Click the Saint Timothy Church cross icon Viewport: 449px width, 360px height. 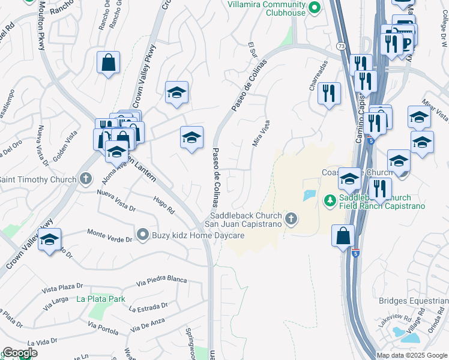click(x=86, y=179)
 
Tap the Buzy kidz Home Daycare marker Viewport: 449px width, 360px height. click(x=142, y=235)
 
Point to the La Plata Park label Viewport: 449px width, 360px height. click(x=100, y=298)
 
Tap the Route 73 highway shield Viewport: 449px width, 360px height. click(x=341, y=46)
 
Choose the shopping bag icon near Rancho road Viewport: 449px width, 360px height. click(x=108, y=62)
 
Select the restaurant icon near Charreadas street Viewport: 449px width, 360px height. click(x=328, y=92)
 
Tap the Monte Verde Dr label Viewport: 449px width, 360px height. click(x=109, y=235)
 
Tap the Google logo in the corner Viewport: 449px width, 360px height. click(x=19, y=353)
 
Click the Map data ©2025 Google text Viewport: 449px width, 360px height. click(x=412, y=355)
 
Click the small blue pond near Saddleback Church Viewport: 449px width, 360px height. click(x=310, y=195)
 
